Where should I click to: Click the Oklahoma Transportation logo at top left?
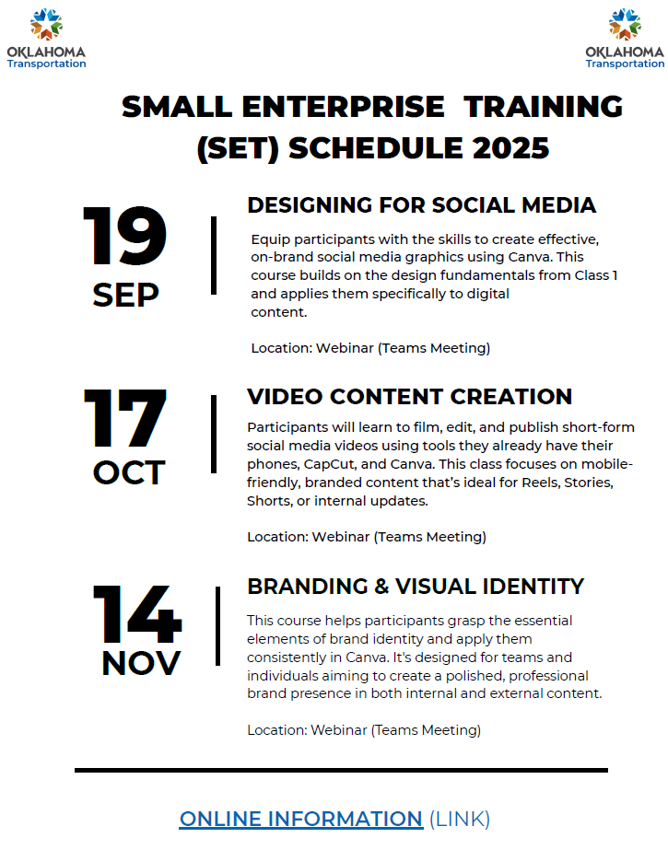[x=46, y=39]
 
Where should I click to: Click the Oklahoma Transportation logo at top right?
[x=625, y=39]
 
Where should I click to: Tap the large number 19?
[x=124, y=236]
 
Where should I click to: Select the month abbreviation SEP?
[x=126, y=295]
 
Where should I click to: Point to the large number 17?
[x=125, y=418]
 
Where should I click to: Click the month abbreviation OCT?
[x=129, y=472]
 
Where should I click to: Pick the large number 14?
[x=136, y=613]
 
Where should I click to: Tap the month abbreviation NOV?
[x=141, y=663]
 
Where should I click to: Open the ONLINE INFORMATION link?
[x=301, y=819]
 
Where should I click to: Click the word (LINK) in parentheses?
[x=459, y=819]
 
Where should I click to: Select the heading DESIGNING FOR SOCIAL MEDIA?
[x=421, y=205]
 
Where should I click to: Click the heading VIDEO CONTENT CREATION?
[x=410, y=397]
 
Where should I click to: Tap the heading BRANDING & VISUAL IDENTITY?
[x=416, y=587]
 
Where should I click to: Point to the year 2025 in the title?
[x=510, y=147]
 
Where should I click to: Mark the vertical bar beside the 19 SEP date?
[x=214, y=255]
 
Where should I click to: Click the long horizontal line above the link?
[x=341, y=771]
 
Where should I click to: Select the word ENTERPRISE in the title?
[x=344, y=107]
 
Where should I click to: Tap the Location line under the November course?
[x=364, y=730]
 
